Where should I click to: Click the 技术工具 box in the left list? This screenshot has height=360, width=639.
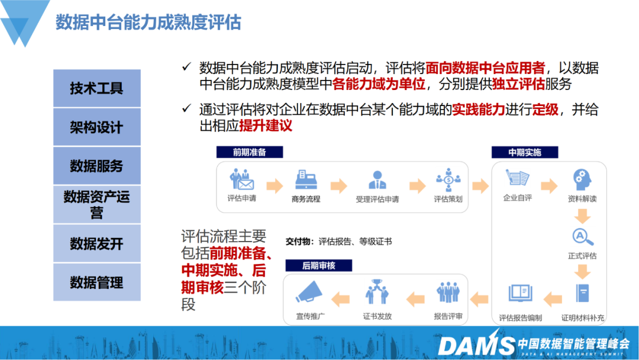click(x=97, y=88)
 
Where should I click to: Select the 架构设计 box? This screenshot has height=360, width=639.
click(x=97, y=127)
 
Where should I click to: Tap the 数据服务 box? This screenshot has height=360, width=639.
click(x=97, y=166)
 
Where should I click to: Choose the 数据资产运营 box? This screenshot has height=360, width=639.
click(x=97, y=205)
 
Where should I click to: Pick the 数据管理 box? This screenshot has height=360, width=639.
click(x=97, y=282)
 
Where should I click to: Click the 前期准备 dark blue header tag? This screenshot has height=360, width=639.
click(x=250, y=152)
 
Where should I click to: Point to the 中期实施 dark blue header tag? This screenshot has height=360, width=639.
click(x=524, y=152)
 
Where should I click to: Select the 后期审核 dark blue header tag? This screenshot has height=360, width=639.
click(x=319, y=265)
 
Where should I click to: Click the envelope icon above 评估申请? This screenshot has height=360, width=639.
click(x=242, y=180)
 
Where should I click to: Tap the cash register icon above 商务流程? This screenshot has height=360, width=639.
click(x=306, y=180)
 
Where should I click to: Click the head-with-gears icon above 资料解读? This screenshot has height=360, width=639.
click(x=582, y=179)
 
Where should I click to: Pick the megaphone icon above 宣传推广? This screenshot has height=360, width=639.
click(x=309, y=292)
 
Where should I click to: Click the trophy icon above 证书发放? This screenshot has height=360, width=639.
click(x=377, y=291)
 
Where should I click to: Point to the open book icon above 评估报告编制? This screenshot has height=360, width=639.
click(x=521, y=292)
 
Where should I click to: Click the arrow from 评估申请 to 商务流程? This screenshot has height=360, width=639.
click(x=275, y=185)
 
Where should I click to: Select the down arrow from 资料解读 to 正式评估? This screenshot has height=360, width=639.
click(x=582, y=216)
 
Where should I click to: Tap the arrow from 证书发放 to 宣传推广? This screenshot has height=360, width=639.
click(x=341, y=299)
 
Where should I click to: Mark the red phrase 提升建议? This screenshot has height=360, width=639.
click(x=266, y=126)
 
